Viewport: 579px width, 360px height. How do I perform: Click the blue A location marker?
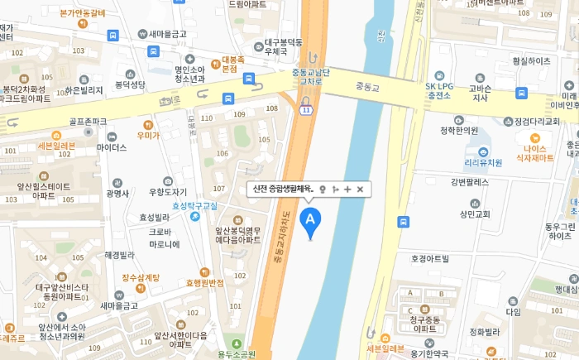pos(310,220)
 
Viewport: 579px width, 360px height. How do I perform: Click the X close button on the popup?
pos(360,190)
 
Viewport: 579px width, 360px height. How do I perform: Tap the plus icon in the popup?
pos(347,190)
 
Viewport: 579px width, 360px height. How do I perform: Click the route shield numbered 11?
pos(307,108)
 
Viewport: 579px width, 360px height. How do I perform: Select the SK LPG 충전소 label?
pos(439,90)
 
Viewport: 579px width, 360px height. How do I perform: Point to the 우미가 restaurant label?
pos(149,135)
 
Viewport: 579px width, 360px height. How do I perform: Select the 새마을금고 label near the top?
pos(167,34)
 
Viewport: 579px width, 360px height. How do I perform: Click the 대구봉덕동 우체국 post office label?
pos(284,46)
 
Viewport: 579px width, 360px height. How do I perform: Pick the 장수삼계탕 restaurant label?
pos(140,278)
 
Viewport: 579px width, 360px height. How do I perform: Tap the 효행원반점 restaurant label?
pos(205,283)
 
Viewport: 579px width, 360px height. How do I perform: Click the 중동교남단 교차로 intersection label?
pos(311,77)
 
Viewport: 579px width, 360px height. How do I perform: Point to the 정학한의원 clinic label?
pos(459,130)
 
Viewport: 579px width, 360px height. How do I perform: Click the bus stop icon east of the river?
pos(403,221)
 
